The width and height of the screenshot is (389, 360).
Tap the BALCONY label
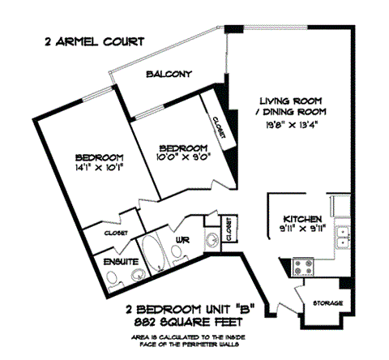[x=169, y=75]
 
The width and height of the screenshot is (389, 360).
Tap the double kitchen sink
[x=344, y=235]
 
